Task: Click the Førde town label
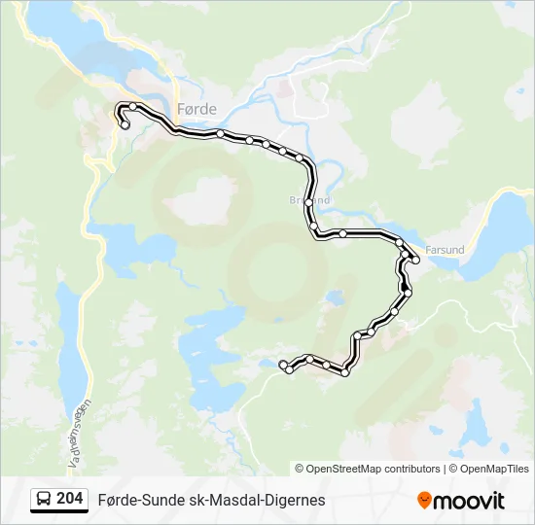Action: coord(196,109)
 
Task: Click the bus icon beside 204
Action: coord(44,500)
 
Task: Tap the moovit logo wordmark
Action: coord(470,501)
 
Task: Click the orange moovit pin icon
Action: coord(424,501)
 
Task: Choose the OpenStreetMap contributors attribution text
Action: coord(368,469)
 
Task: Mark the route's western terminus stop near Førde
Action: coord(125,124)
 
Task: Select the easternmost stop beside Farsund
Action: coord(415,259)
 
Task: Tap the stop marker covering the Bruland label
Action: coord(309,202)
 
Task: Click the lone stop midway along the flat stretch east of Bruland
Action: coord(342,233)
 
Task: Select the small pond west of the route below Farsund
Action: coord(335,297)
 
